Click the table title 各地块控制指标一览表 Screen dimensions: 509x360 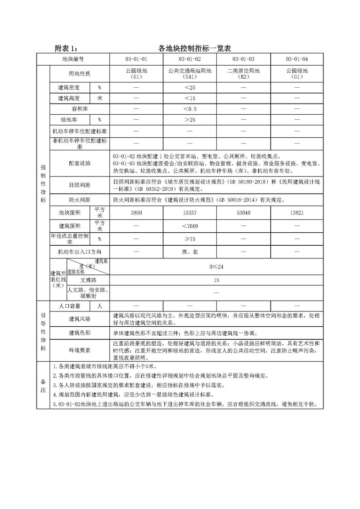point(194,48)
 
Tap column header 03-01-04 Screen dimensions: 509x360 point(297,59)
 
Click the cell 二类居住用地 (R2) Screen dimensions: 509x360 point(243,73)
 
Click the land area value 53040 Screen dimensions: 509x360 point(243,212)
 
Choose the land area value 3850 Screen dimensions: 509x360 point(136,212)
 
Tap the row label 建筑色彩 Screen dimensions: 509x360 point(79,333)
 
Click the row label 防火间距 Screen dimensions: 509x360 point(79,199)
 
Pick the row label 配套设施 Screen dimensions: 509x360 point(79,163)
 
